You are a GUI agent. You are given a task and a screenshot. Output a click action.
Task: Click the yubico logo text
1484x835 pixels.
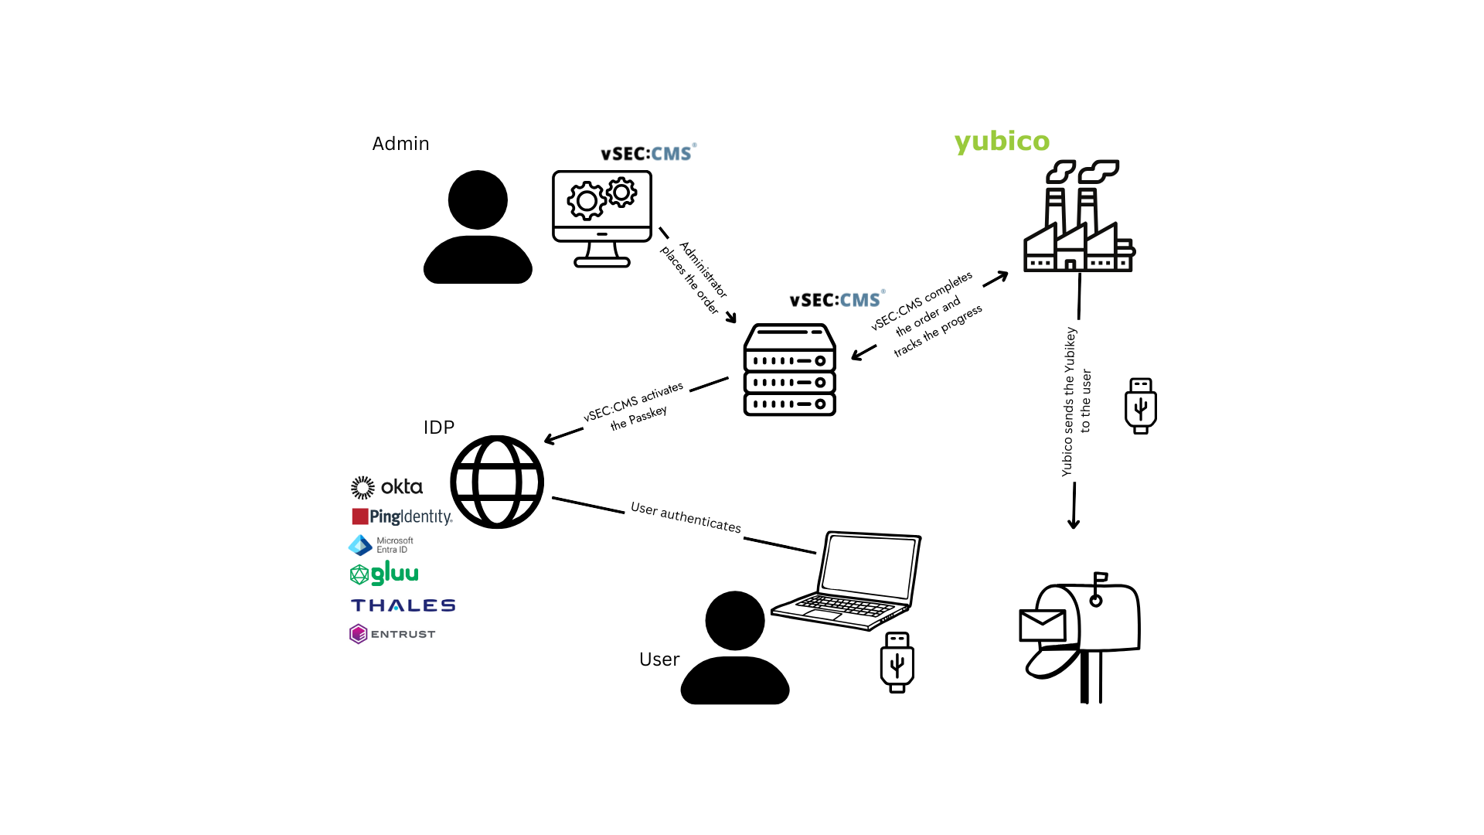[x=1002, y=141]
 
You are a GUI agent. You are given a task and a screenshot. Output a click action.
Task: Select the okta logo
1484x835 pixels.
[x=386, y=487]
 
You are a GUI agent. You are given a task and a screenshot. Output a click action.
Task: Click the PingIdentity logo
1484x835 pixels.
[x=402, y=516]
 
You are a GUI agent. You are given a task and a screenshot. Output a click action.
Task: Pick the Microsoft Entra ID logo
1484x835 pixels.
[x=381, y=545]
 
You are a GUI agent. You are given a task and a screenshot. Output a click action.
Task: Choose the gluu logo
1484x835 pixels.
[x=384, y=574]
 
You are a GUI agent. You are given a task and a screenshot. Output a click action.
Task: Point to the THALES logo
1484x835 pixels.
[x=403, y=605]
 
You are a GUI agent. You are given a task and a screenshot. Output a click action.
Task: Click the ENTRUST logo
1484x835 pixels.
[x=393, y=634]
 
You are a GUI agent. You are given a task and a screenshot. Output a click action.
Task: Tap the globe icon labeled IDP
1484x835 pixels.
[x=497, y=482]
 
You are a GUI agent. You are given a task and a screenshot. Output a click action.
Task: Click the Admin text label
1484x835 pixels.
[x=400, y=144]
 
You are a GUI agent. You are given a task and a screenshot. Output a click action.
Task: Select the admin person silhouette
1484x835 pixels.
[x=478, y=228]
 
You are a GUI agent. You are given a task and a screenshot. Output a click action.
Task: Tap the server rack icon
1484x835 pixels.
[x=789, y=370]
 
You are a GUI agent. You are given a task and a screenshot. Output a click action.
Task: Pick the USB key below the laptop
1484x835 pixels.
[x=897, y=663]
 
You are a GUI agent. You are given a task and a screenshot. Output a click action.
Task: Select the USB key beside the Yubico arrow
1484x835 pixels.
[x=1140, y=406]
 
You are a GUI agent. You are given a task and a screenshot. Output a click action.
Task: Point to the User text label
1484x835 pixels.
[x=659, y=659]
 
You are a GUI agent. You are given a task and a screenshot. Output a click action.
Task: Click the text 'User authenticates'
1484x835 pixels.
[x=686, y=517]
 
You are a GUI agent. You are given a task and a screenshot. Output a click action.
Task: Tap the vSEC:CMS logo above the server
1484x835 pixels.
[x=836, y=300]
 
